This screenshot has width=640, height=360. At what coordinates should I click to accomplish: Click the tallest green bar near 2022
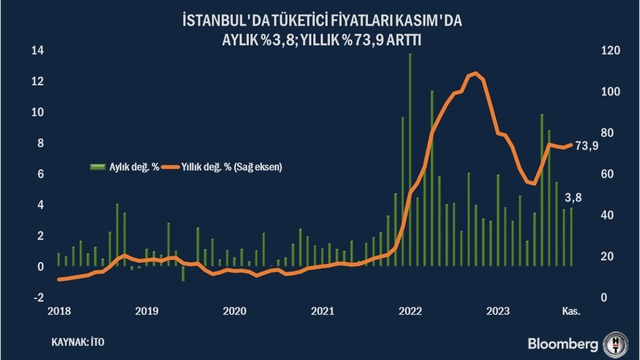coord(410,160)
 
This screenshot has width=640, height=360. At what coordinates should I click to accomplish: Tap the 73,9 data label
coord(587,146)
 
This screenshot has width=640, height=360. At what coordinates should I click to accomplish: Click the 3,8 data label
coord(573,198)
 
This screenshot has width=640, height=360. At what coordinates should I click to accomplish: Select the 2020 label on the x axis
coord(235,311)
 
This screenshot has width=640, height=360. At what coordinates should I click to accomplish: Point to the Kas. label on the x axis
coord(571,311)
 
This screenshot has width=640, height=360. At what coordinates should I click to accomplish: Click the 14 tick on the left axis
coord(38,51)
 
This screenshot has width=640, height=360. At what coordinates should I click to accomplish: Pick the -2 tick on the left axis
coord(38,298)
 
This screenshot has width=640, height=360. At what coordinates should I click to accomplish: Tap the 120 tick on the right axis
coord(611,51)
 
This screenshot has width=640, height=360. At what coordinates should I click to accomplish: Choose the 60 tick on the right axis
coord(607,174)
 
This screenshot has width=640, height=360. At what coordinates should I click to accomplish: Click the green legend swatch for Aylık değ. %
coord(98,167)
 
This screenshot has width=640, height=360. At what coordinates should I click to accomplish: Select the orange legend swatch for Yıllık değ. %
coord(170,167)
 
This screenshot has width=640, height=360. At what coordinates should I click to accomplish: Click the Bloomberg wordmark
coord(562,344)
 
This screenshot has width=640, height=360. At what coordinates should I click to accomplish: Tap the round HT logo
coord(616,344)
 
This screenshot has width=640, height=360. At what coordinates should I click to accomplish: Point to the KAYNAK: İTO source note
coord(78,342)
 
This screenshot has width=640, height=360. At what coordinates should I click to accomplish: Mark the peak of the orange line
coord(474,73)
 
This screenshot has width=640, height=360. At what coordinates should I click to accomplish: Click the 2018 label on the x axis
coord(59,311)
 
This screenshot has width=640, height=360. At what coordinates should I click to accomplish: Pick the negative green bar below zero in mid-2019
coord(183,273)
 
